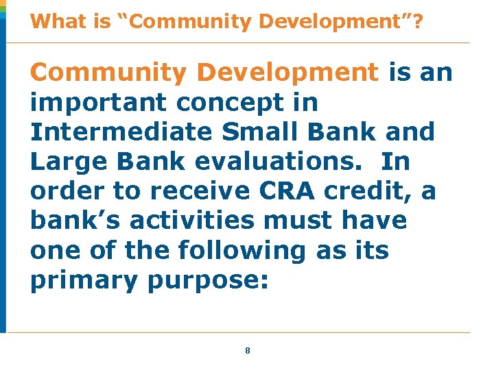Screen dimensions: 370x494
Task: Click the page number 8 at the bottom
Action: point(248,350)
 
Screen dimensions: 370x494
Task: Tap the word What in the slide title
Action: point(53,21)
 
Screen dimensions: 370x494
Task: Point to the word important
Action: point(99,102)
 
